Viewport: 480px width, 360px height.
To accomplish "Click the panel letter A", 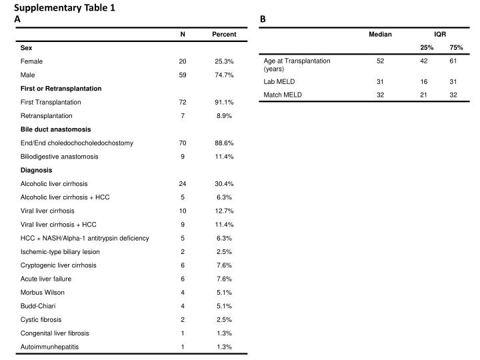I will point(17,19).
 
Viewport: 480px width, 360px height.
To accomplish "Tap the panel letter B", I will point(263,19).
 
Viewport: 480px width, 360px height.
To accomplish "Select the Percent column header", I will point(224,34).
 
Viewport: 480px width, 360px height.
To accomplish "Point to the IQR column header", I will point(441,34).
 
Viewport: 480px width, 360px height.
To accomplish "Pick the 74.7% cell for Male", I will point(224,75).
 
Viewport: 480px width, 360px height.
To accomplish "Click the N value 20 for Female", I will point(183,61).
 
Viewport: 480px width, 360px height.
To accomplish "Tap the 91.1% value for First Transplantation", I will point(224,102).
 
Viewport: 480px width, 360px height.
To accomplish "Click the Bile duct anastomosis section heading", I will point(56,129).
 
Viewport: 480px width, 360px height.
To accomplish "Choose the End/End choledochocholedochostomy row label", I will point(77,143).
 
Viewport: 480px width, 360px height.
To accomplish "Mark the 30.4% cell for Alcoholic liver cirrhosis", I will point(224,183).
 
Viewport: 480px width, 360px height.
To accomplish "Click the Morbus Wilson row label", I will point(44,292).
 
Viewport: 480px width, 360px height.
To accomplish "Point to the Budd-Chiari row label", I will point(39,306).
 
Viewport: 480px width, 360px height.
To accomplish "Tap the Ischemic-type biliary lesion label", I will point(61,251).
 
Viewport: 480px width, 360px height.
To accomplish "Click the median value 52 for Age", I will point(380,61).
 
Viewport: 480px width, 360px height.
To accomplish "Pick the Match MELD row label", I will point(283,95).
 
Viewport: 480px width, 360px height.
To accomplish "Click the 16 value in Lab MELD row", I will point(423,81).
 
